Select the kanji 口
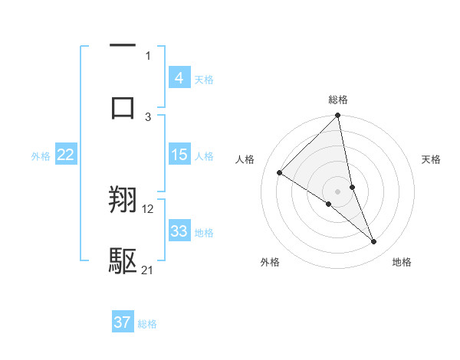[123, 106]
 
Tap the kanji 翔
[123, 201]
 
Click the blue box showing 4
[179, 77]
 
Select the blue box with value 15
[179, 155]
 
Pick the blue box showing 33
[179, 231]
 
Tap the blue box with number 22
[66, 155]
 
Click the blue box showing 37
[123, 322]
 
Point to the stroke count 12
[148, 208]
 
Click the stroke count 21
[148, 270]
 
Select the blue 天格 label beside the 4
[204, 79]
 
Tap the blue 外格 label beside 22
[41, 156]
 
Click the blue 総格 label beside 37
[147, 324]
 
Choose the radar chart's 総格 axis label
[338, 100]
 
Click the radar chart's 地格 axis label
[402, 262]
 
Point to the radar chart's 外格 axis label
[270, 262]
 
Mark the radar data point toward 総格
[338, 116]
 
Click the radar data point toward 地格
[374, 242]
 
